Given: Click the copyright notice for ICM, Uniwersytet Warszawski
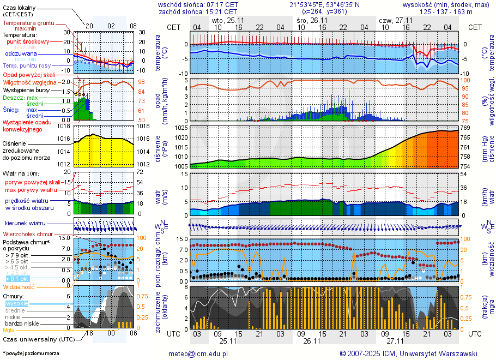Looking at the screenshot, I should [408, 353].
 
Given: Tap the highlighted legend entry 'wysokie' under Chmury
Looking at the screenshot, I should [16, 303].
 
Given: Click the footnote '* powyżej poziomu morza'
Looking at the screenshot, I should [31, 353].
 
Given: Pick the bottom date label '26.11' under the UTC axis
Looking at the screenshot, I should [311, 341].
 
